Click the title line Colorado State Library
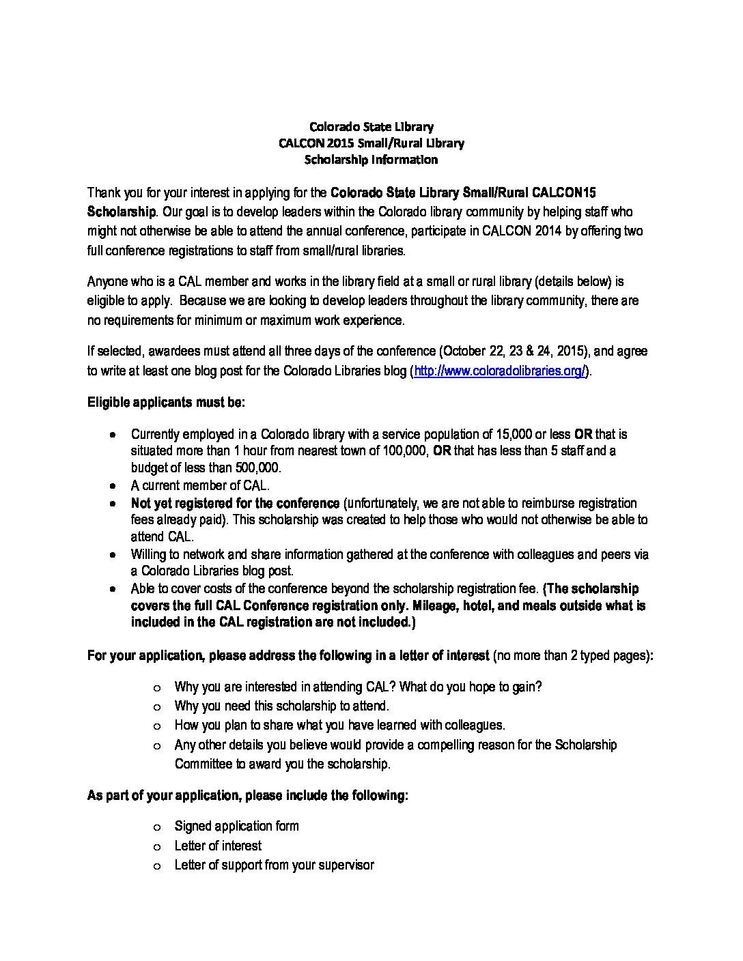pos(371,126)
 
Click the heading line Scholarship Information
pos(371,160)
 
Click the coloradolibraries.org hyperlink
pos(500,371)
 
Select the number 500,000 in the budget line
pos(257,468)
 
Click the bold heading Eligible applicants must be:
pos(166,402)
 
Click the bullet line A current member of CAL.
pos(200,485)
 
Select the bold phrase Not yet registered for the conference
pos(235,503)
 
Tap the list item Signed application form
pos(236,826)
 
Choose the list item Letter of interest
pos(218,846)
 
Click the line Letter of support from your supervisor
pos(274,865)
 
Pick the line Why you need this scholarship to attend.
pos(281,706)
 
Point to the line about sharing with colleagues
pos(339,725)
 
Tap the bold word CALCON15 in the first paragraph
pos(567,193)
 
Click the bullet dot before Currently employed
pos(114,435)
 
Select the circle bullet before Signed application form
pos(158,827)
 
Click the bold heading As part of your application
pos(247,795)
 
